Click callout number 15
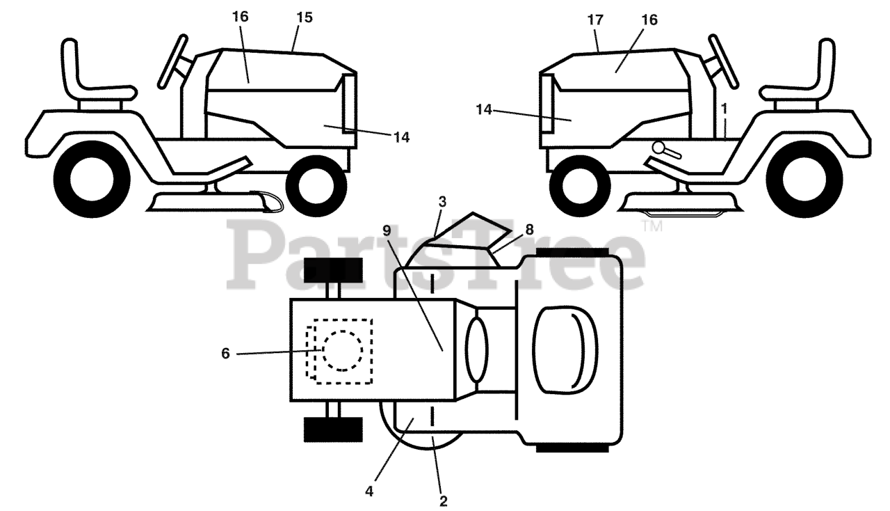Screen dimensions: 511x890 [304, 17]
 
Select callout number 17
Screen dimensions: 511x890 [595, 20]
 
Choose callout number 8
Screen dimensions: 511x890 [529, 228]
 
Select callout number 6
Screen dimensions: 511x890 [225, 354]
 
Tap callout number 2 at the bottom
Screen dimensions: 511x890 [443, 500]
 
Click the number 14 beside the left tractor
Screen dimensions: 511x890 [401, 138]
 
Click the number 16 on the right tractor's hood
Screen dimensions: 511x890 [649, 20]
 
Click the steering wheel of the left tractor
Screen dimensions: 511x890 [174, 61]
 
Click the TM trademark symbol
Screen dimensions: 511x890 [652, 226]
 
